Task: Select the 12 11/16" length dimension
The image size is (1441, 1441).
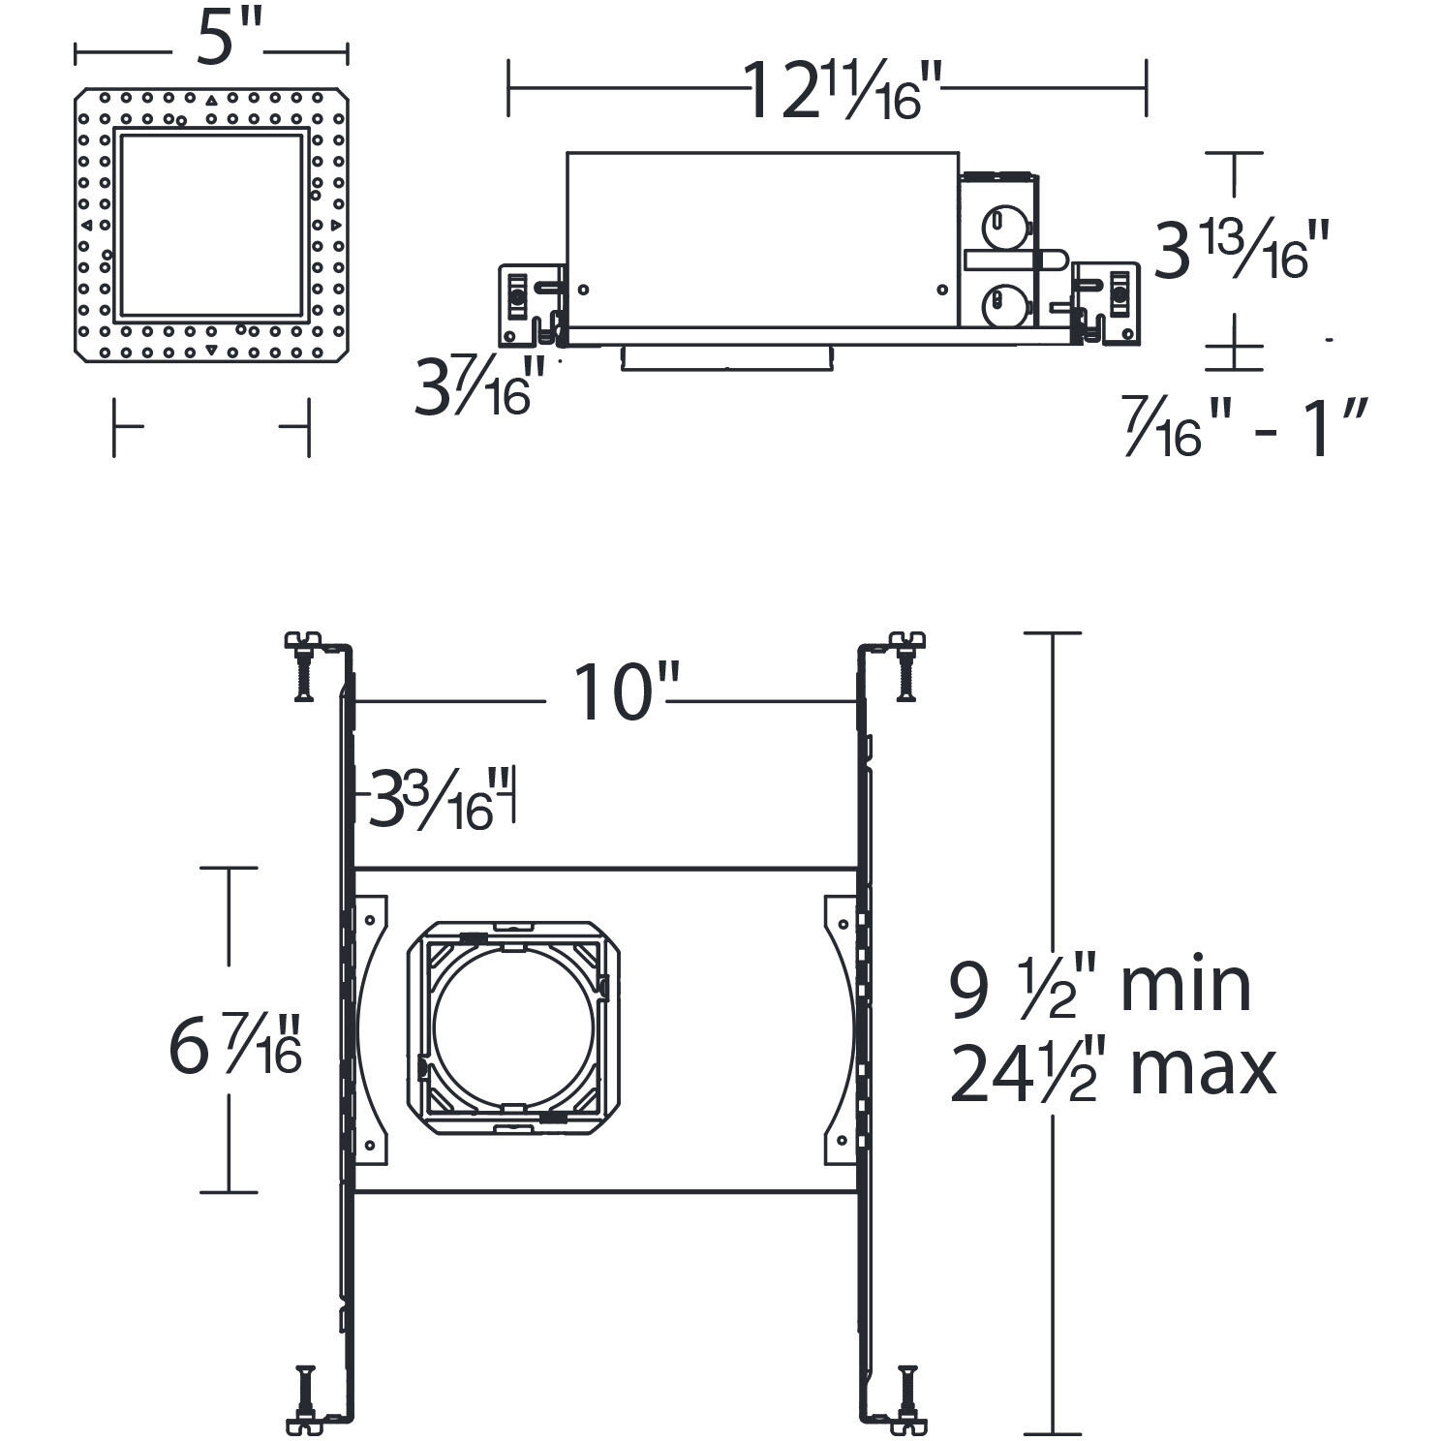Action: [842, 91]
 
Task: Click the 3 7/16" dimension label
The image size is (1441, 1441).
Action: [474, 386]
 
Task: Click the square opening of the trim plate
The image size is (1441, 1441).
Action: [211, 225]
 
